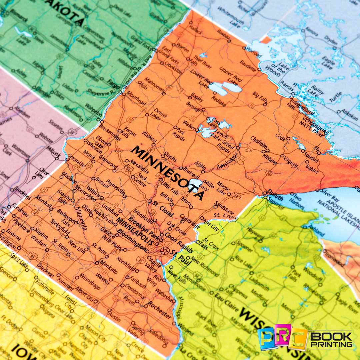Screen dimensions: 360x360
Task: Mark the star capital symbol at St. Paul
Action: pyautogui.click(x=164, y=250)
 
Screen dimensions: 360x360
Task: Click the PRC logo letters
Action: pyautogui.click(x=282, y=338)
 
